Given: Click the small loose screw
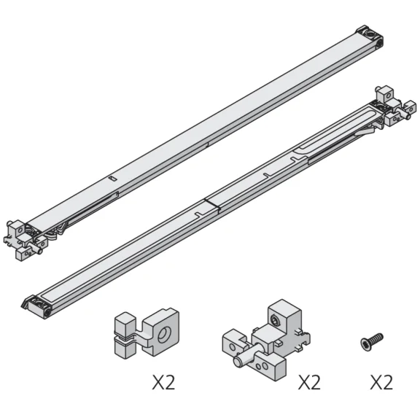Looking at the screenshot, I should pos(370,340).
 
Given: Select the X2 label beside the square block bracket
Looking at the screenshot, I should pos(163,382).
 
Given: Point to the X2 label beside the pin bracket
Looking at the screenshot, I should pos(308,382).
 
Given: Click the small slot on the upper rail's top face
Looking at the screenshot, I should pos(111,177).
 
